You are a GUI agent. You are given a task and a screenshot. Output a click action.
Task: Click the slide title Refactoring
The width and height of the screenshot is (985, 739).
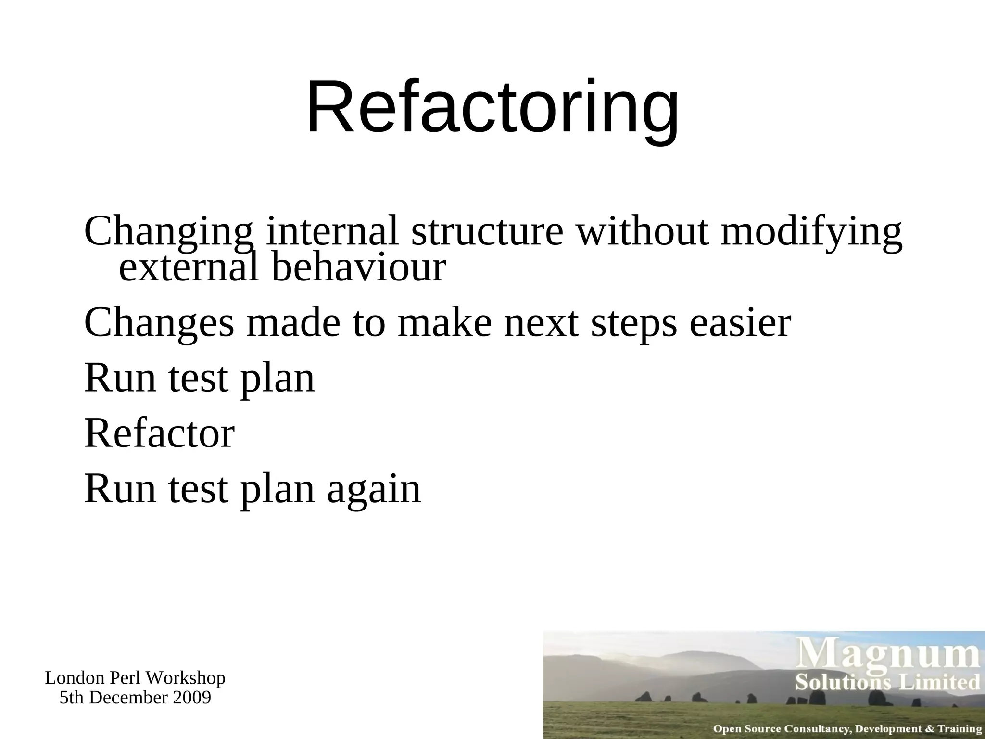[492, 108]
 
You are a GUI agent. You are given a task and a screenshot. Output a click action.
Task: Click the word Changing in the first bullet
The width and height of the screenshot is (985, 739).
[168, 232]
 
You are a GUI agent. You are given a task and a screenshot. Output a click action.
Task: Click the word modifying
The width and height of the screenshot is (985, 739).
[811, 232]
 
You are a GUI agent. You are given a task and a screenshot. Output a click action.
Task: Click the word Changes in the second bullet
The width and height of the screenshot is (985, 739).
[159, 323]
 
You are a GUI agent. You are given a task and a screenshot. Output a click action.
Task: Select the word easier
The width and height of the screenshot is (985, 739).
[740, 323]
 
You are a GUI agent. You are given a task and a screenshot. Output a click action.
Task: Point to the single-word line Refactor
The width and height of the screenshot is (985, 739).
[159, 433]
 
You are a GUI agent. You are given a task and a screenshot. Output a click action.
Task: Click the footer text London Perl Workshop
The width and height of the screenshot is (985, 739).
[135, 678]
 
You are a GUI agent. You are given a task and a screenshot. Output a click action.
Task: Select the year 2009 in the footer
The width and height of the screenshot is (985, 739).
[192, 697]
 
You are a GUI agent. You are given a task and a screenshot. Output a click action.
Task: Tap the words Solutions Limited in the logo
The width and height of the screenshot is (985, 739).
[887, 682]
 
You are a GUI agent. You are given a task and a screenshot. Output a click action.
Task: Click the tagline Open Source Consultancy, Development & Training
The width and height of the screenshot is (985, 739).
[847, 729]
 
